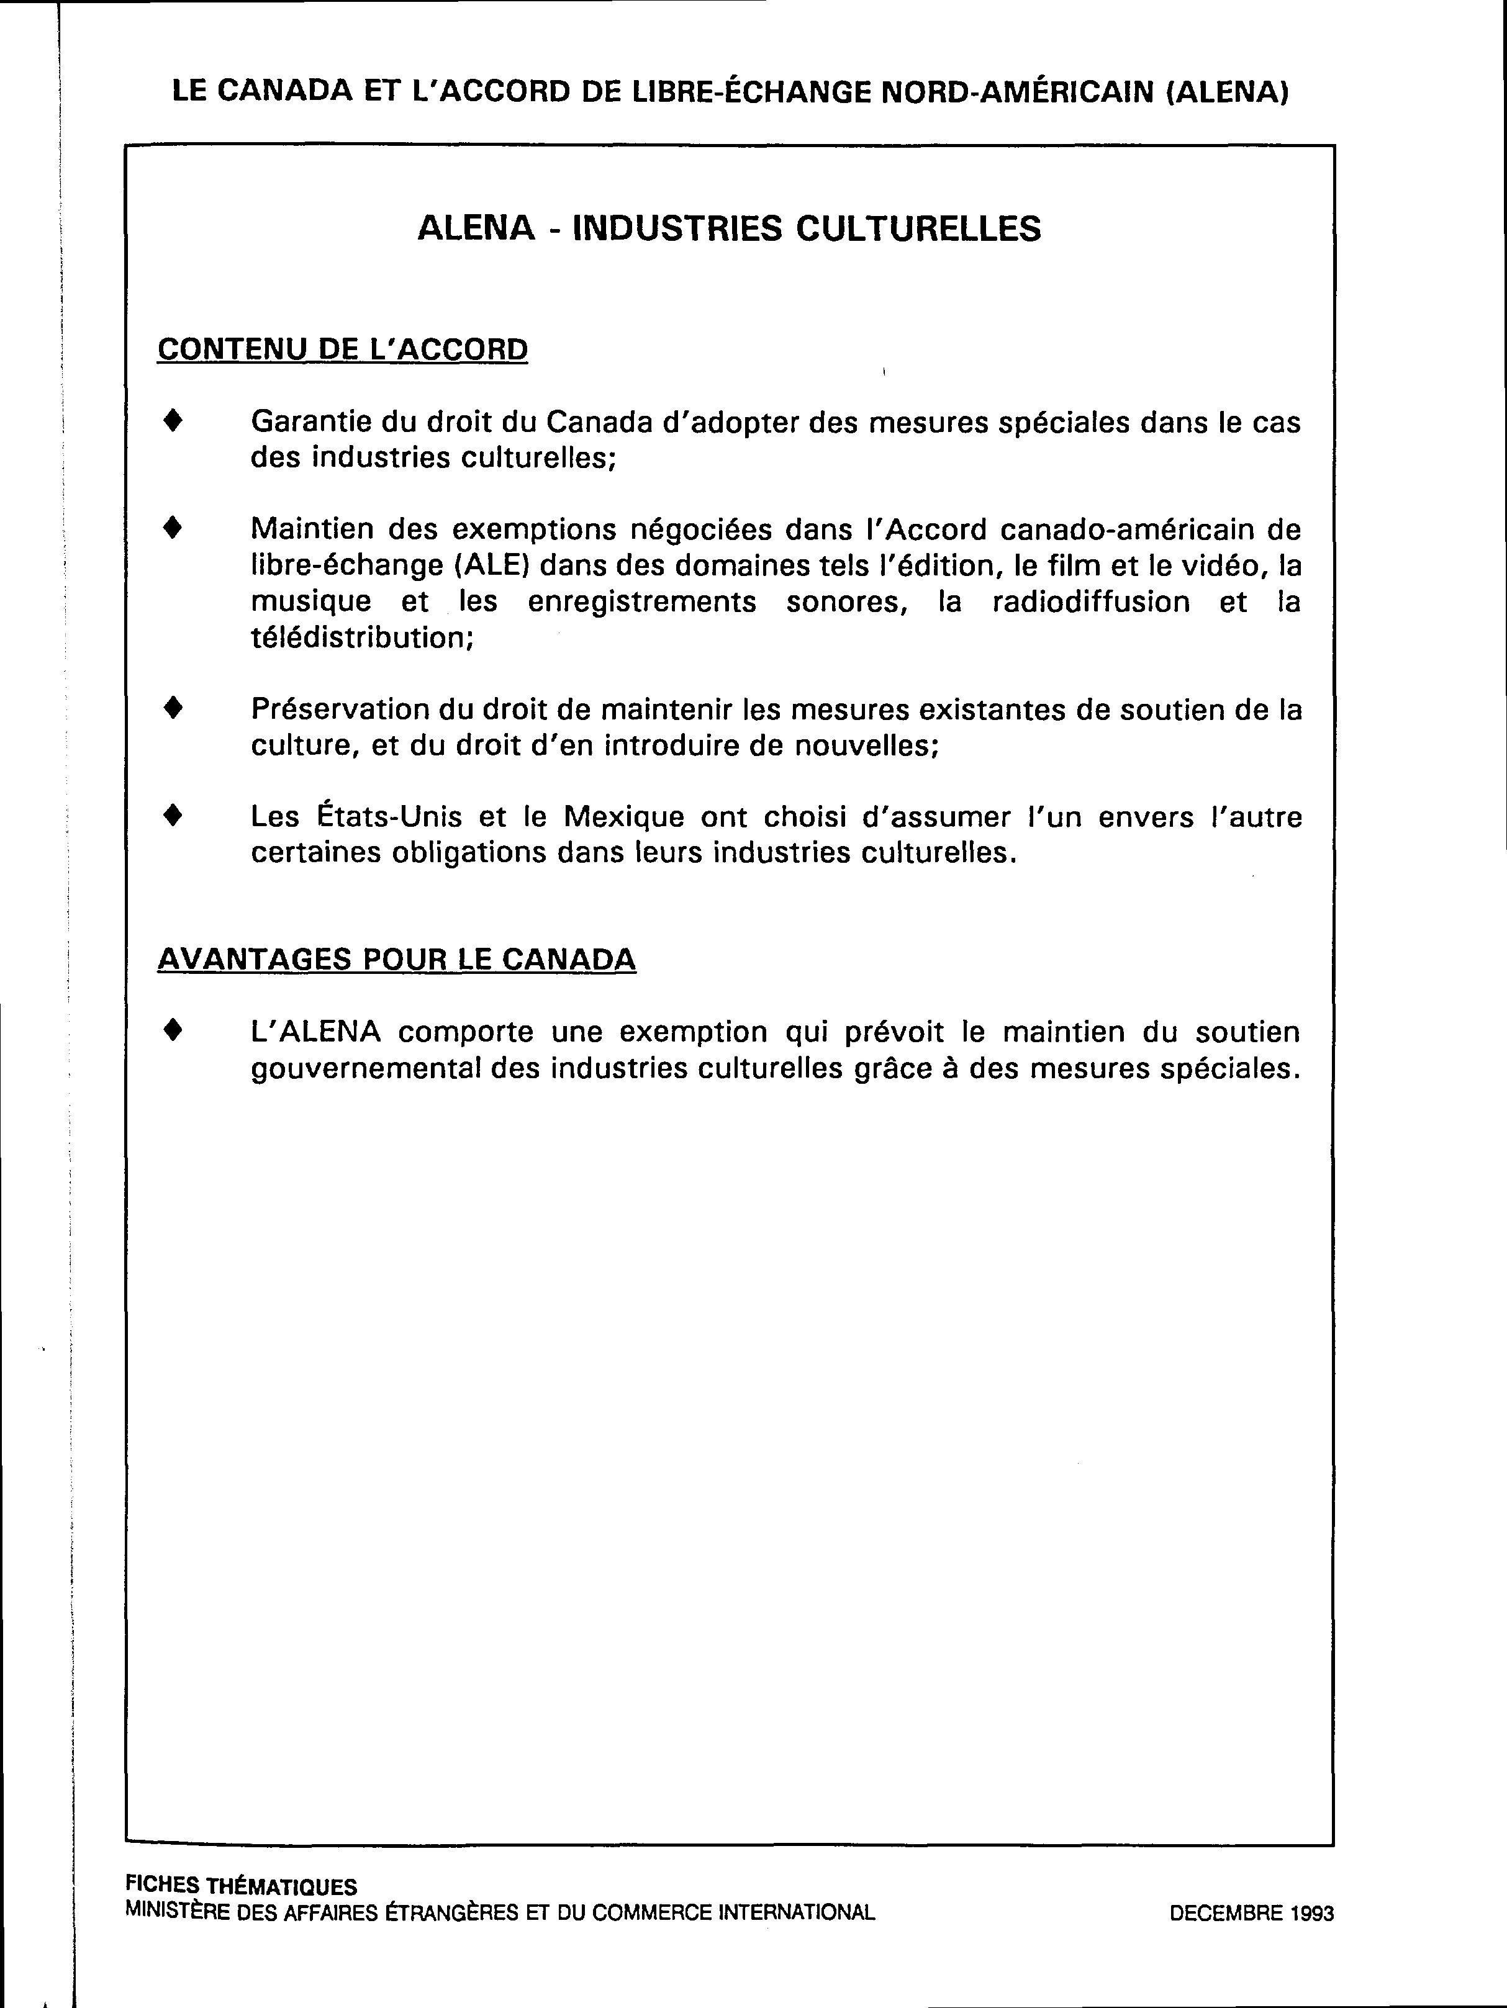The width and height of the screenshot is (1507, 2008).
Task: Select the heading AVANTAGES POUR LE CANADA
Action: coord(397,960)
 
